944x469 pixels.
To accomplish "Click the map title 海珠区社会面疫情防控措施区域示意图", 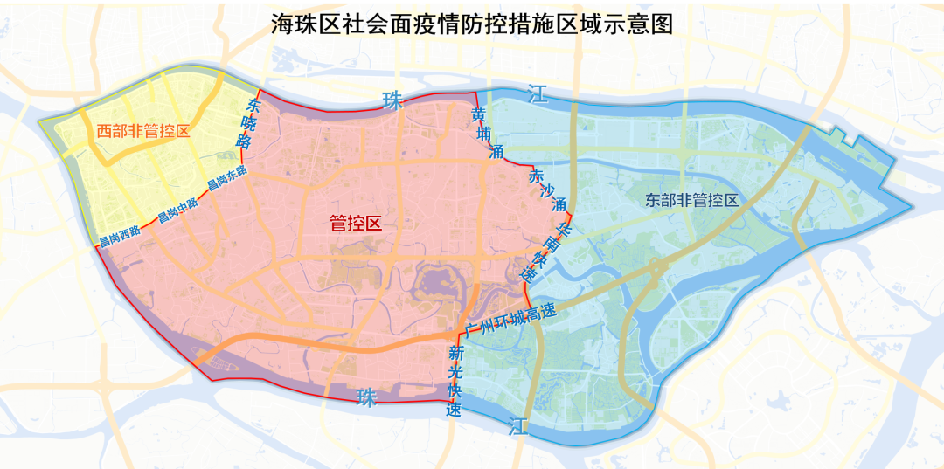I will (472, 24).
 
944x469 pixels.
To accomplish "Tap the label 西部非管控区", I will (142, 132).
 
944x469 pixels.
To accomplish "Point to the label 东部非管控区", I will (692, 200).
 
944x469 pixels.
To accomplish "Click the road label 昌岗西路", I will (120, 237).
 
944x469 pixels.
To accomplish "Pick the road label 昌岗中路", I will (177, 210).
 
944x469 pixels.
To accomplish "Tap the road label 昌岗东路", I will (227, 180).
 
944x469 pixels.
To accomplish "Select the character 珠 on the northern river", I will (393, 100).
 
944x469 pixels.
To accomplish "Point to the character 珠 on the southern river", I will (366, 398).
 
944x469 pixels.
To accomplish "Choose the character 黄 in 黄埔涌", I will (478, 115).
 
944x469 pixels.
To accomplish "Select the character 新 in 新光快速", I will (455, 354).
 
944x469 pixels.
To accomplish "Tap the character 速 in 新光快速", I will (455, 409).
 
